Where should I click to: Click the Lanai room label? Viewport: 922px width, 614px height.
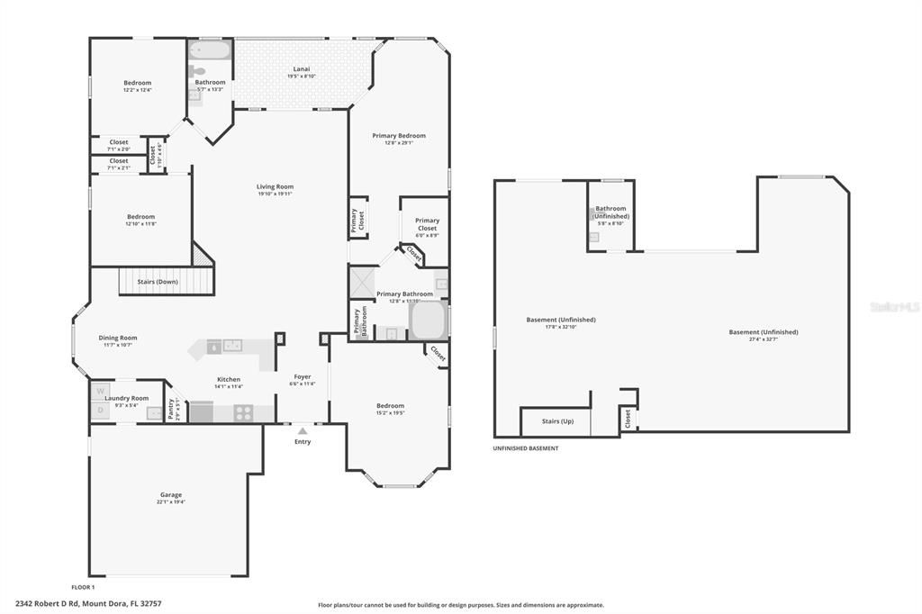(x=302, y=69)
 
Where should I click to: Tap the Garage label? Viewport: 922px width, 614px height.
(x=171, y=494)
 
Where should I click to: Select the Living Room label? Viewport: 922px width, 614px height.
(x=275, y=186)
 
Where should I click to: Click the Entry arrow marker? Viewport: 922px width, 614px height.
(x=302, y=431)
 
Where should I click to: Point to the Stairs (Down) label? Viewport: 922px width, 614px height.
(x=158, y=282)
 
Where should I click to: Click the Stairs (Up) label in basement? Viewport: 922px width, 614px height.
(x=557, y=420)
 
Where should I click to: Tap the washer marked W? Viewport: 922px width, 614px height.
(x=100, y=391)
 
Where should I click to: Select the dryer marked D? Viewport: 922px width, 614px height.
(x=100, y=411)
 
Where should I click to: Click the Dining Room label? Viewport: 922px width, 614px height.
(x=118, y=338)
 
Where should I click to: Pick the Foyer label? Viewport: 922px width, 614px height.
(x=303, y=376)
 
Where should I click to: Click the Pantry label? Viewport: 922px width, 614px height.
(x=172, y=410)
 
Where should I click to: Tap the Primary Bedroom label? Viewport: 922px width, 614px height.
(x=399, y=135)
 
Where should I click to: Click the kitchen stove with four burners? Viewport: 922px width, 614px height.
(x=244, y=412)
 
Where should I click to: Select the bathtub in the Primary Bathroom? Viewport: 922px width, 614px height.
(x=427, y=320)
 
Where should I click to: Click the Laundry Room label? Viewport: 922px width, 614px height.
(x=127, y=397)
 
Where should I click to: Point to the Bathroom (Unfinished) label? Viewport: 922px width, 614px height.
(x=610, y=212)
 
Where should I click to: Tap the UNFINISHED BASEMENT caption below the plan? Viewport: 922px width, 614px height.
(x=526, y=448)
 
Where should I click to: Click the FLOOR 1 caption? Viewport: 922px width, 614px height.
(x=83, y=587)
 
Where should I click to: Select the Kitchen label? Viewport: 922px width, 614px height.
(x=229, y=379)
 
